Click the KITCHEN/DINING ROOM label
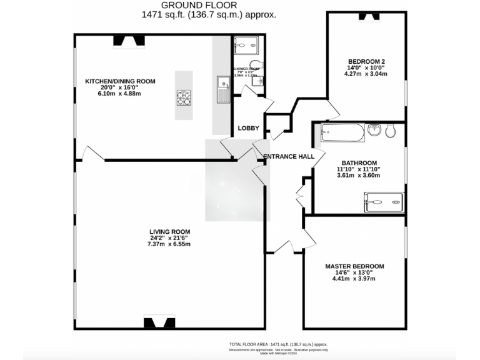pos(121,81)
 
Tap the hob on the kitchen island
pos(184,97)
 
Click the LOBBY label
pos(248,128)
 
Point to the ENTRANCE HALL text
pos(288,156)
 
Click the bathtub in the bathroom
pos(342,132)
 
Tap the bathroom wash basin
pos(374,130)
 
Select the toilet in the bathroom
pos(392,131)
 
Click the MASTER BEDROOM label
pos(354,266)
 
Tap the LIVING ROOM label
pos(169,231)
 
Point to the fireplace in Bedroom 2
pos(369,17)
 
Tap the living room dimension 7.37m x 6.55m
pos(169,244)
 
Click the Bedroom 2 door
pos(332,112)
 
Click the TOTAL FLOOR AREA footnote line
pos(278,344)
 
